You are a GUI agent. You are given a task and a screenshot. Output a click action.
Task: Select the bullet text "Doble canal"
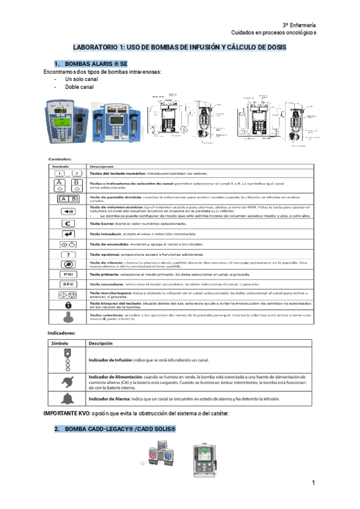click(x=80, y=88)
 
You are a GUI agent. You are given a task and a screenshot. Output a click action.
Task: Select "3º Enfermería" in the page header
click(x=299, y=25)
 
